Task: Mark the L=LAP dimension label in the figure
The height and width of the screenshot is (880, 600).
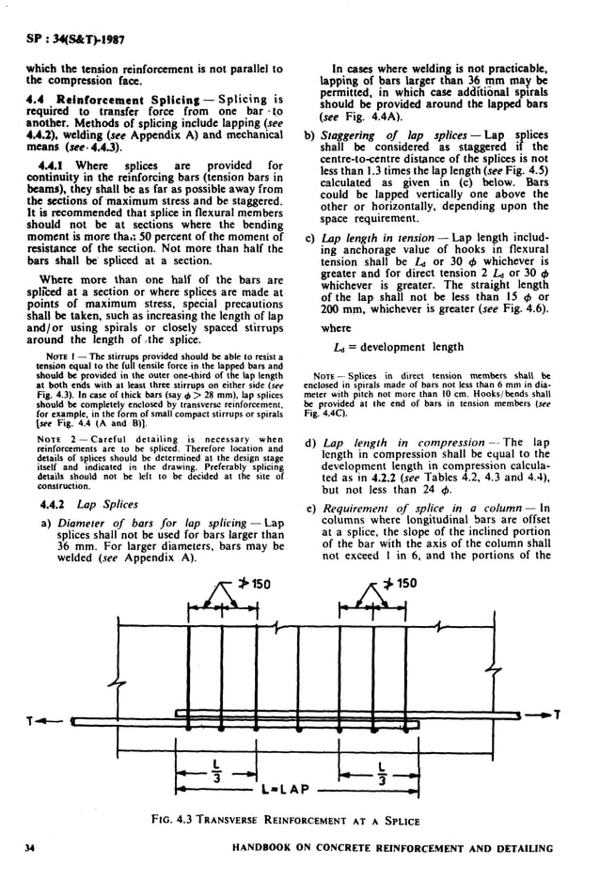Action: (x=289, y=782)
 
